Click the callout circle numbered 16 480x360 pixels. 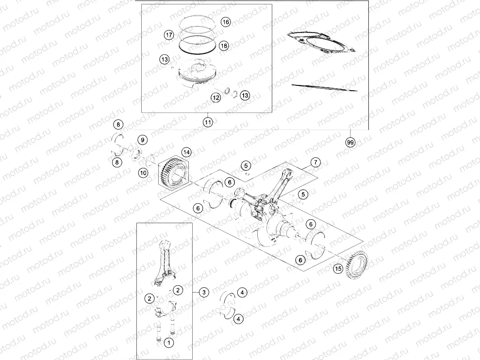point(226,22)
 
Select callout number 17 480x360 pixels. point(169,35)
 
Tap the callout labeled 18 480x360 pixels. point(223,46)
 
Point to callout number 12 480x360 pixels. point(215,98)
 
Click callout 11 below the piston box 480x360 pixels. point(208,122)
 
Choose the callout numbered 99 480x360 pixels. point(349,142)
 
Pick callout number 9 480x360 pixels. point(142,140)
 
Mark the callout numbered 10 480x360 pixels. point(143,172)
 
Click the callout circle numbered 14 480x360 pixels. point(187,152)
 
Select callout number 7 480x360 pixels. point(315,162)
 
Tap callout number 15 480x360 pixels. point(338,268)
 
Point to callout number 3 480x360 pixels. point(204,292)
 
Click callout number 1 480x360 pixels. point(168,343)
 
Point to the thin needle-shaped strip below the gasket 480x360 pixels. point(324,88)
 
